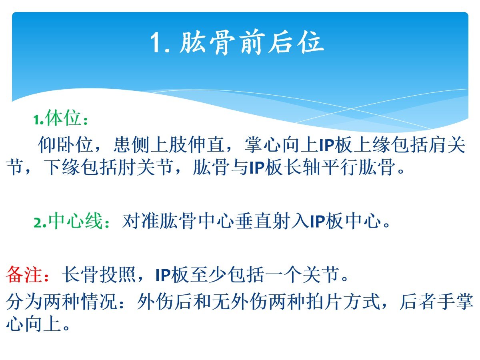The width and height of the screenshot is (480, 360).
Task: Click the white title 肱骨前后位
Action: pyautogui.click(x=252, y=43)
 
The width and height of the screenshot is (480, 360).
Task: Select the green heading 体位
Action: pyautogui.click(x=63, y=118)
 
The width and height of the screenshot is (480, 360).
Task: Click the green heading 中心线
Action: pyautogui.click(x=76, y=221)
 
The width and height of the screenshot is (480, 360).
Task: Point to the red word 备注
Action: pyautogui.click(x=24, y=274)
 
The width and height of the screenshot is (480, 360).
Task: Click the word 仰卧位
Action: pyautogui.click(x=66, y=145)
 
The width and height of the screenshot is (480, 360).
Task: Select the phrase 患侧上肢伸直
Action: pyautogui.click(x=169, y=145)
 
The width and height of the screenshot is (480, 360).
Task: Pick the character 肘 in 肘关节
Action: pyautogui.click(x=127, y=167)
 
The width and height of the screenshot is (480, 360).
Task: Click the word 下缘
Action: pyautogui.click(x=62, y=167)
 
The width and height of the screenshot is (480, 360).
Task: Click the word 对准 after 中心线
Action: pyautogui.click(x=140, y=221)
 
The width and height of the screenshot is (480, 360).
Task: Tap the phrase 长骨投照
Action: pyautogui.click(x=99, y=274)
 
